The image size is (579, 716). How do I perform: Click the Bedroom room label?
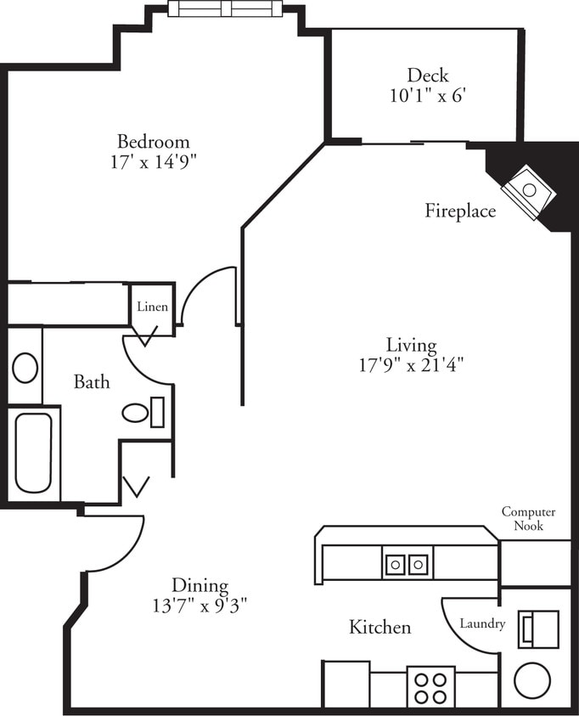[153, 141]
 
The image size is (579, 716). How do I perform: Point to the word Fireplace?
[460, 211]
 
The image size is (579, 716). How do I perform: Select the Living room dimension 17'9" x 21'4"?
[411, 365]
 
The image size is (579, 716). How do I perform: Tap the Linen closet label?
[152, 307]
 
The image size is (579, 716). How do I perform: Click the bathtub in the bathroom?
[33, 452]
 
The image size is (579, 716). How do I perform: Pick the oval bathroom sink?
[25, 369]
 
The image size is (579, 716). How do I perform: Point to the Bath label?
[91, 382]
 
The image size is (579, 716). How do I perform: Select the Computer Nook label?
[528, 519]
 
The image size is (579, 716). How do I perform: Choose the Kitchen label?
[380, 628]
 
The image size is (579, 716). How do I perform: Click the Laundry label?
[482, 623]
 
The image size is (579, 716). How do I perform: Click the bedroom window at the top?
[226, 9]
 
